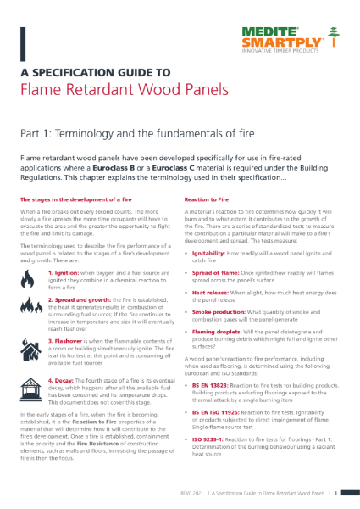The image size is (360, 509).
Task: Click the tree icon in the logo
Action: pyautogui.click(x=335, y=38)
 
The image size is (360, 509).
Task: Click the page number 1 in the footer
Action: pyautogui.click(x=336, y=492)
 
